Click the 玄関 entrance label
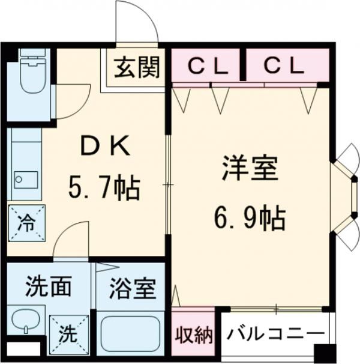tap(137, 67)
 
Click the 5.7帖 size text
tap(103, 190)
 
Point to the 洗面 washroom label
tap(48, 287)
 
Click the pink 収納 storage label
tap(193, 333)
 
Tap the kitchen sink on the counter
tap(24, 178)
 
